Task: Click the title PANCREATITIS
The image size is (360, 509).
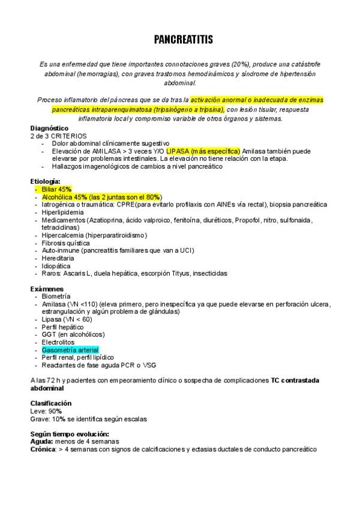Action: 182,40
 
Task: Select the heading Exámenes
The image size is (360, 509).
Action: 46,289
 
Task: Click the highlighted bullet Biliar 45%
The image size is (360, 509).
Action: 57,189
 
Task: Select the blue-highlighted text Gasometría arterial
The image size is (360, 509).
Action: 70,350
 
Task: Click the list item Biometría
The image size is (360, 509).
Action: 57,297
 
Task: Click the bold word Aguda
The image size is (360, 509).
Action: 41,441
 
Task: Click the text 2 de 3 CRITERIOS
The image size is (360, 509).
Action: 58,136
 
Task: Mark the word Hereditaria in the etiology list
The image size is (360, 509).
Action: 59,258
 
